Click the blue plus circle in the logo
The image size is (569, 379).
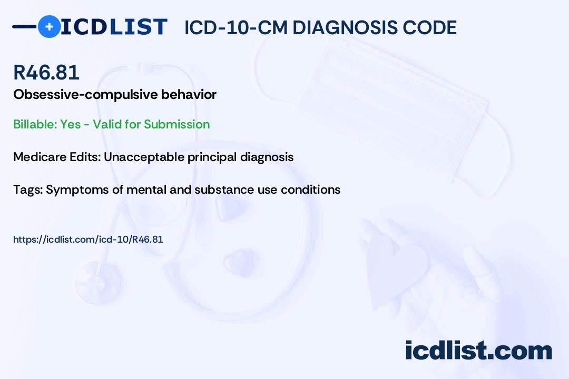click(x=49, y=27)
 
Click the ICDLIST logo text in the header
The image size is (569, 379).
click(x=114, y=27)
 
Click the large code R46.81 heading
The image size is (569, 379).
click(x=46, y=72)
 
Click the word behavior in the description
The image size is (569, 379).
click(x=189, y=94)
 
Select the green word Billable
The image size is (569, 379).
click(x=35, y=124)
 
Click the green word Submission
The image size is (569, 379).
click(x=176, y=124)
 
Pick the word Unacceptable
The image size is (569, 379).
click(x=144, y=157)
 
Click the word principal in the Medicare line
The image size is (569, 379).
click(x=212, y=157)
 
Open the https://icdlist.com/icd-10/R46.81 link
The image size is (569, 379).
click(x=88, y=240)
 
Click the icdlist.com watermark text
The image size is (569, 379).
click(x=478, y=350)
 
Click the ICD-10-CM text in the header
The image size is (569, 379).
click(x=236, y=27)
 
